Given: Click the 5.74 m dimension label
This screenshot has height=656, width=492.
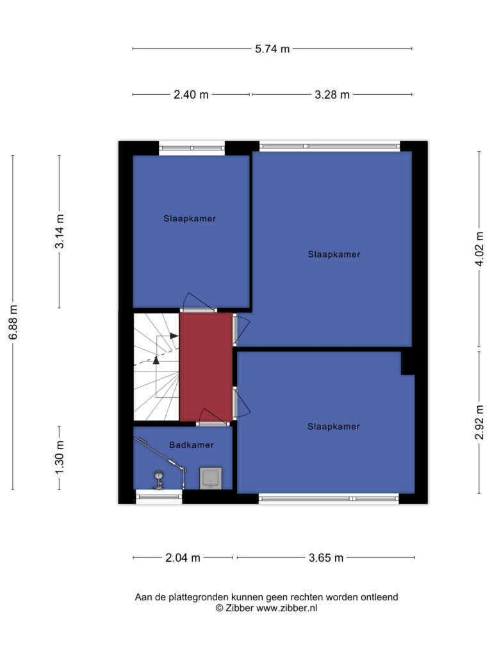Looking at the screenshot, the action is pos(272,49).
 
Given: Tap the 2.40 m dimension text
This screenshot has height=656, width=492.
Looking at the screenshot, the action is pos(191,95).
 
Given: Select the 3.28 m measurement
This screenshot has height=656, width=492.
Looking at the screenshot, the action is pos(332,95).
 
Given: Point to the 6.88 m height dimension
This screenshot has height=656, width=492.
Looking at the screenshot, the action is pos(13,322).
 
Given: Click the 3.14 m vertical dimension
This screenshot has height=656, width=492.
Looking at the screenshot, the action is pos(60,231).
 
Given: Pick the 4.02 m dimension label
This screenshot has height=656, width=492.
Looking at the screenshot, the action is pos(479,249).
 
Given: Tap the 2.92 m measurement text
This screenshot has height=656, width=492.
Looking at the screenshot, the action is pos(479,422).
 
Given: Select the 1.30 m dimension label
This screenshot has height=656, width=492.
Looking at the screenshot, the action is pos(60,457).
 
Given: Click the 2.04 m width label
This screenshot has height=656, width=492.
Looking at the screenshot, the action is pos(183,558).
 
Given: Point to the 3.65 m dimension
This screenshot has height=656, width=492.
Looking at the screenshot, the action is pos(326,558).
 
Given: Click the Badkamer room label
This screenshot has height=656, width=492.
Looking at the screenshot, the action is pos(191,445).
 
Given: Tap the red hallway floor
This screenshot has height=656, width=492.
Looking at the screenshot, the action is pos(206,366).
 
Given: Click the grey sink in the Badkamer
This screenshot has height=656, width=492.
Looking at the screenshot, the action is pos(210,478).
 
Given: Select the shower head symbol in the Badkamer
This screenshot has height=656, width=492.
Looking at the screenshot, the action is pos(159,480).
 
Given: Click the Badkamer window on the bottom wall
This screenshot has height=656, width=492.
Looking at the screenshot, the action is pos(159,496).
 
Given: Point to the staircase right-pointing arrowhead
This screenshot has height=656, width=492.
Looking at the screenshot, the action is pos(174,336).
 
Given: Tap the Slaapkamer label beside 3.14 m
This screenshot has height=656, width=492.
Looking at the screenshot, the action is pos(190,218).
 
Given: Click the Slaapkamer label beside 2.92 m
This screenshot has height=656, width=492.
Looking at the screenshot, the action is pos(333,427).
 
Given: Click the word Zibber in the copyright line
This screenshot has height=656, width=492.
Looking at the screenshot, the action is pos(240,609).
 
